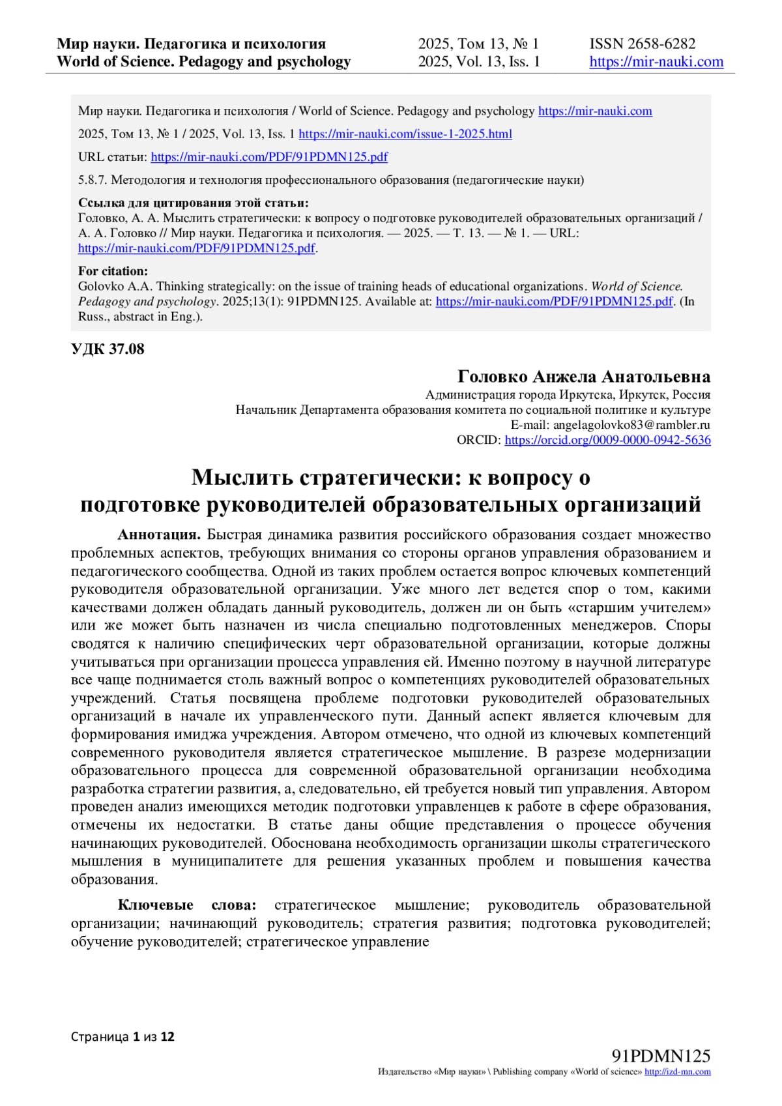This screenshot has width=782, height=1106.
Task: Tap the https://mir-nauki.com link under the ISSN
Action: click(x=656, y=62)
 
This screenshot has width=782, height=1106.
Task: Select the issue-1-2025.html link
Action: click(x=405, y=134)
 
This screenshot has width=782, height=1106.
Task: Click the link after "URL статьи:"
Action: click(x=269, y=157)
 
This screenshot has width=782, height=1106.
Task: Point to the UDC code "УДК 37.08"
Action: click(x=108, y=349)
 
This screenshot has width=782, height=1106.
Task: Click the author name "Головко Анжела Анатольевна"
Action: click(x=584, y=377)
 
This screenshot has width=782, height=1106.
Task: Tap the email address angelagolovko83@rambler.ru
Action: click(x=631, y=425)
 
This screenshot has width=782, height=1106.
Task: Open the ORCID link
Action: click(x=607, y=440)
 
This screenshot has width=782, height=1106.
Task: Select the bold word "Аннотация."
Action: click(x=159, y=535)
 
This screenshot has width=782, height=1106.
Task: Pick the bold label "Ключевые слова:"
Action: click(x=187, y=905)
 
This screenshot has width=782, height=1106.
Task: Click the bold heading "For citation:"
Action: click(x=113, y=271)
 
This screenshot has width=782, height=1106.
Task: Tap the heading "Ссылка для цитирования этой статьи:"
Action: click(x=193, y=203)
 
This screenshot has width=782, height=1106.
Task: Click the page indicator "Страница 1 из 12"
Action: click(x=123, y=1036)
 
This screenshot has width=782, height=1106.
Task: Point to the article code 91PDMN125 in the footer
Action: click(x=661, y=1056)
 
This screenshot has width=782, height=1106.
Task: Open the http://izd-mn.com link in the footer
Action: click(x=677, y=1072)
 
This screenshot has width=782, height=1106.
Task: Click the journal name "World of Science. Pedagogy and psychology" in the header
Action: click(x=203, y=62)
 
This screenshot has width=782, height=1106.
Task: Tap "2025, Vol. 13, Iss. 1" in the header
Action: click(x=479, y=62)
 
